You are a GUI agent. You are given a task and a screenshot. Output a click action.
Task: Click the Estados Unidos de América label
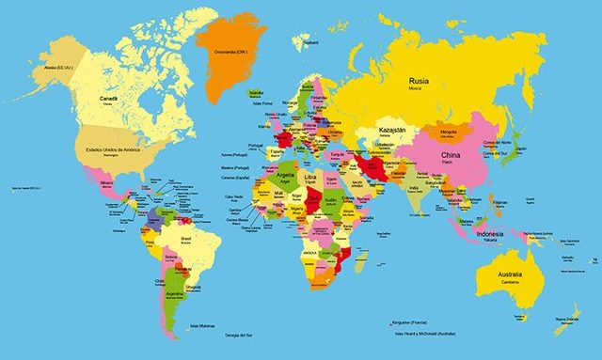(x=106, y=149)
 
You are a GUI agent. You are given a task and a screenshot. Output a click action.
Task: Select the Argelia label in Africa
(x=284, y=175)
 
